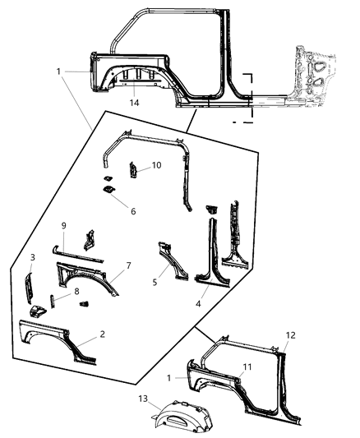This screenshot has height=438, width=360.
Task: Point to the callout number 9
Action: pos(62,226)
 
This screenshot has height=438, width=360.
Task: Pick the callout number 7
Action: pos(127,266)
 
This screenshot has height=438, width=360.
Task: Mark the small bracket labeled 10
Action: pos(131,173)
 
